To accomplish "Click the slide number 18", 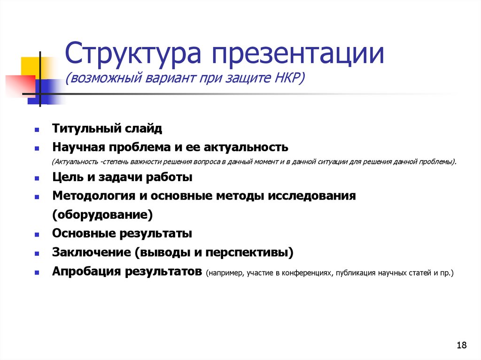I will (461, 346).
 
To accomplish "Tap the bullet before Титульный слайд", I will (37, 128).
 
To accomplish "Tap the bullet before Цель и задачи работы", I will (37, 178).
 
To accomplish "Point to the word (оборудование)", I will (102, 215).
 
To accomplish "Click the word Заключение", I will (92, 253).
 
